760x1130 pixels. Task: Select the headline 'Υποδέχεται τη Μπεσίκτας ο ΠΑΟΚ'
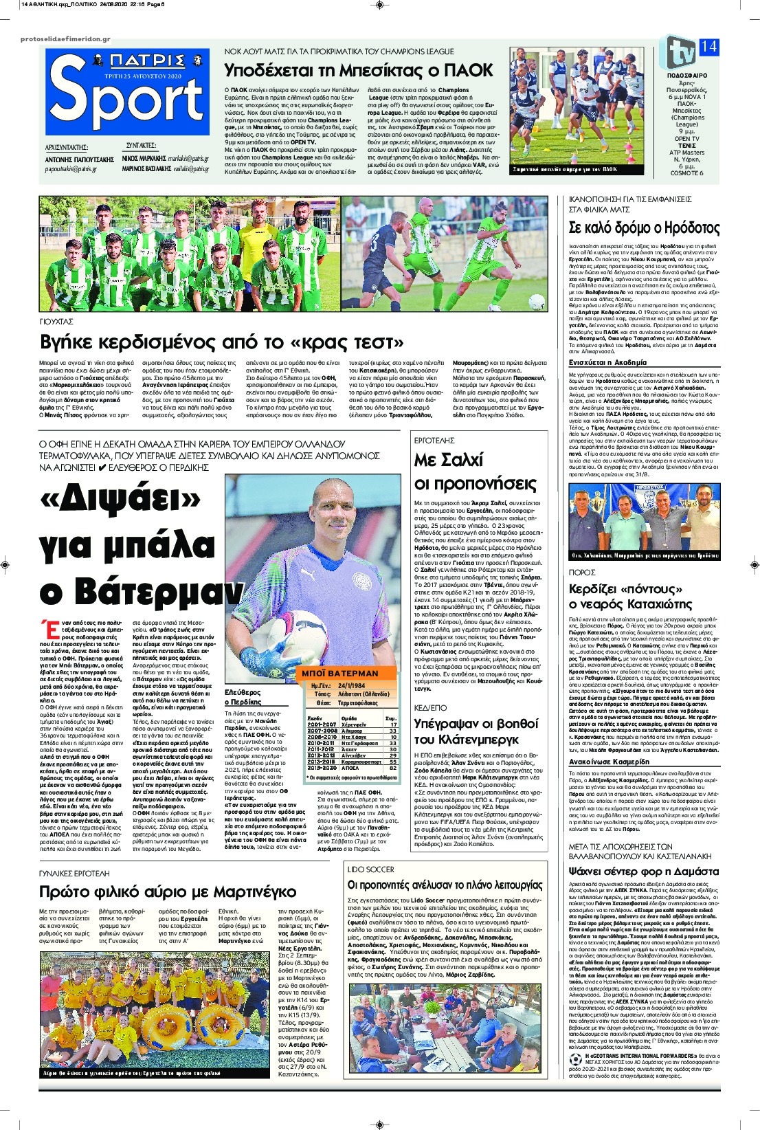(x=359, y=70)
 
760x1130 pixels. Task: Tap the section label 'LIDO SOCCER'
(x=370, y=869)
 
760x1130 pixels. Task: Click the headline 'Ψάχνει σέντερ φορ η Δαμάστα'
(x=642, y=870)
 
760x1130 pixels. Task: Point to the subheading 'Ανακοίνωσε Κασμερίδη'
(x=609, y=762)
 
